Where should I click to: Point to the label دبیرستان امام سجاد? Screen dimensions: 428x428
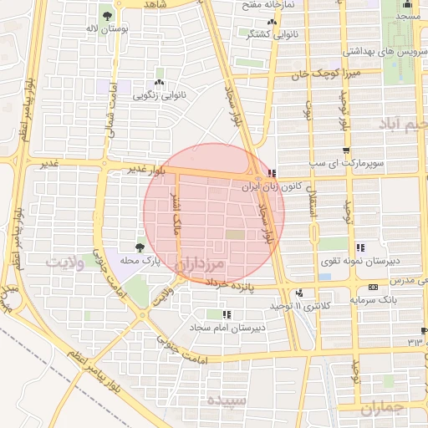coord(227,327)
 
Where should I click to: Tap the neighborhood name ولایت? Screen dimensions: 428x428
coord(65,263)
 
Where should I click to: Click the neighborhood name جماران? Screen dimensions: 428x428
coord(383,407)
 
